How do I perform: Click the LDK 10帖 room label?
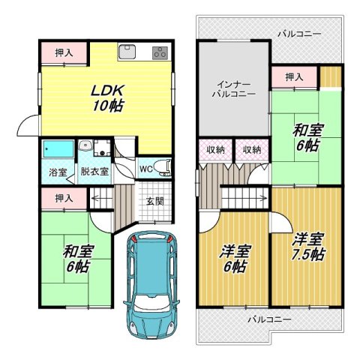point(107,97)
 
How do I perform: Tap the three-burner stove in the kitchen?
point(159,53)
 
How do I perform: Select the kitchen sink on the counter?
point(127,52)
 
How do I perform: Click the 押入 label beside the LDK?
point(62,53)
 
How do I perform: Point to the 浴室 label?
point(58,172)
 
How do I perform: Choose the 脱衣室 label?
point(94,172)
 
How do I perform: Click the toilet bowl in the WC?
point(166,166)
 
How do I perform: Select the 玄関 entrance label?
point(155,202)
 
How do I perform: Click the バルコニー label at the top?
point(298,34)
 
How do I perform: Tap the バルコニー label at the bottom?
point(269,319)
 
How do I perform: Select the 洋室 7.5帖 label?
point(308,247)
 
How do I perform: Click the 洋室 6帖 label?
point(235,259)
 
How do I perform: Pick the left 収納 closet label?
point(216,150)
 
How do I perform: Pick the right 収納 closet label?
point(251,150)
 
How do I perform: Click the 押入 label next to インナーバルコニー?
point(294,76)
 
